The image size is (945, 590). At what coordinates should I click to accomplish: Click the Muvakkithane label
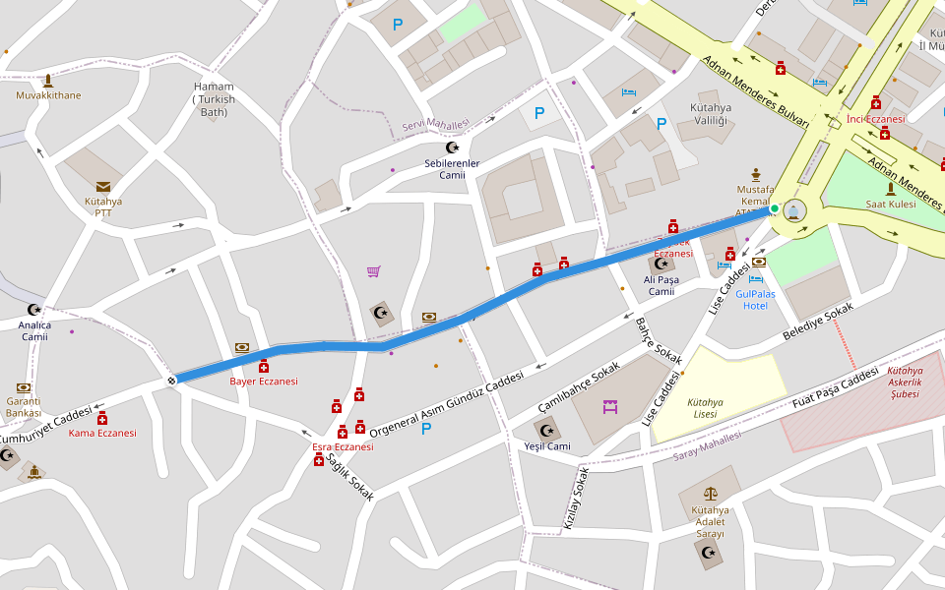click(48, 95)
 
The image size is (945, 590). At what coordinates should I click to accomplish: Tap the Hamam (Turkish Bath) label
click(214, 98)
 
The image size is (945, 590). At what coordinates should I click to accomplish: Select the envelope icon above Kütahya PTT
click(103, 187)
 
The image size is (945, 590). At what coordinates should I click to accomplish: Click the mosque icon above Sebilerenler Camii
click(452, 147)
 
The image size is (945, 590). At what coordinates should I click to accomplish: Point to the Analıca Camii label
click(35, 330)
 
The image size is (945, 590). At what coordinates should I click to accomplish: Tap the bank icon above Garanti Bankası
click(24, 387)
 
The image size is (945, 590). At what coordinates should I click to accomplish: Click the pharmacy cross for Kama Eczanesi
click(101, 418)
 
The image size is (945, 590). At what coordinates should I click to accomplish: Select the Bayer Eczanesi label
click(263, 381)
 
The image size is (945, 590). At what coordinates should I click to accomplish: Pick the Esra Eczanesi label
click(343, 446)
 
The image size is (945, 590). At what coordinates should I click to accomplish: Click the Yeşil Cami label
click(546, 446)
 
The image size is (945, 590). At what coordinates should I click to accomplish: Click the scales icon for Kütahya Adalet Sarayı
click(710, 494)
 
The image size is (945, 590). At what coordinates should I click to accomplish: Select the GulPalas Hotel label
click(755, 299)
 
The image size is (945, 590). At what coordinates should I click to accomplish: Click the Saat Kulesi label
click(890, 204)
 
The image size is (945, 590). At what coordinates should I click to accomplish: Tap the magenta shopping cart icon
click(374, 271)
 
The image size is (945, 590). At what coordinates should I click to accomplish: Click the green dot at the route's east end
click(775, 208)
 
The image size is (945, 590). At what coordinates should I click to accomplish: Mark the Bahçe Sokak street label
click(658, 339)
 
